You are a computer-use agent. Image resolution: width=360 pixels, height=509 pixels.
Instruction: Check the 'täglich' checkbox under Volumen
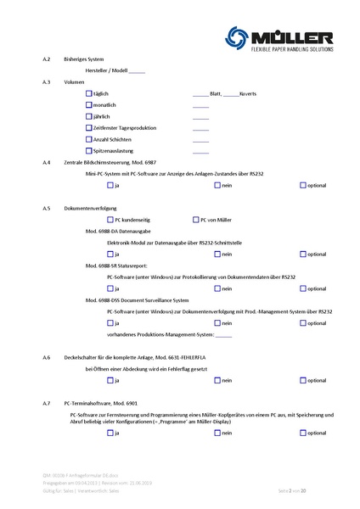(x=89, y=93)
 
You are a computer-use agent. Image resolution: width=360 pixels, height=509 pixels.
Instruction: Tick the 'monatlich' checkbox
(x=89, y=104)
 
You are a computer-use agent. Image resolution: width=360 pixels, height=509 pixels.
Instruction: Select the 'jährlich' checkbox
(x=89, y=115)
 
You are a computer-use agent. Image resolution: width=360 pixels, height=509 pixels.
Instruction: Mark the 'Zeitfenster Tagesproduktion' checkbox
(x=89, y=127)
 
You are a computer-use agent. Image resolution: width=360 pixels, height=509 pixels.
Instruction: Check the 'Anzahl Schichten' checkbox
(x=89, y=138)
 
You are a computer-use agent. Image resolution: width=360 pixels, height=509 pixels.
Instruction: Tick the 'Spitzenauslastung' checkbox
(x=89, y=149)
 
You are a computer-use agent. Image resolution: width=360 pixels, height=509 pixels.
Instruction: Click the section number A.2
(x=46, y=59)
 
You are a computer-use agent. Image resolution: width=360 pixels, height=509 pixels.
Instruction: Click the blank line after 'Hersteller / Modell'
(x=138, y=71)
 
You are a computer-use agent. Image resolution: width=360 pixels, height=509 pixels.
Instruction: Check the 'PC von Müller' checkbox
(x=195, y=220)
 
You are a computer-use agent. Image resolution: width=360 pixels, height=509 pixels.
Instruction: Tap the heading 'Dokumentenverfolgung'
(x=90, y=208)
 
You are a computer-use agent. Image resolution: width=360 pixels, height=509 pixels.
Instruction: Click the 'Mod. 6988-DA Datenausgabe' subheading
(x=119, y=231)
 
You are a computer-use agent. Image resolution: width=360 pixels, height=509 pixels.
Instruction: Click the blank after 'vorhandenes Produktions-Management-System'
(x=223, y=334)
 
